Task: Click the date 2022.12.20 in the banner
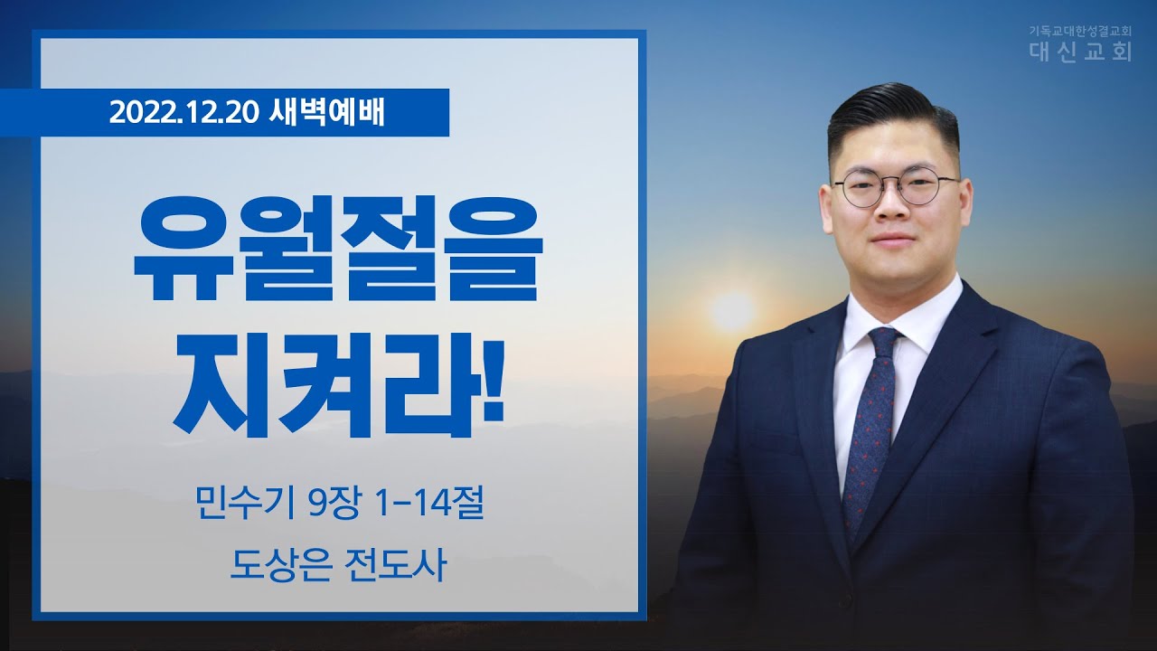click(183, 113)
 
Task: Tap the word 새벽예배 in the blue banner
click(327, 113)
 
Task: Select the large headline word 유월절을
click(338, 249)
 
